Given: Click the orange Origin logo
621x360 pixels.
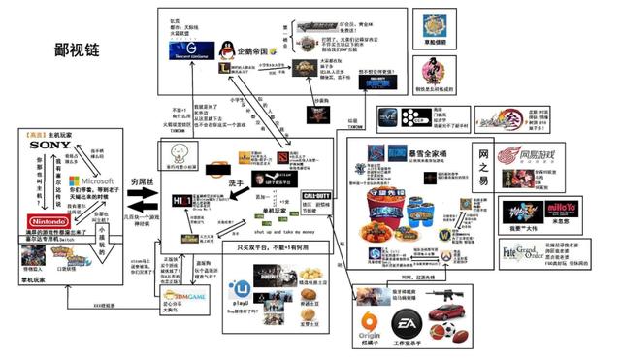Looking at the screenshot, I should pos(370,323).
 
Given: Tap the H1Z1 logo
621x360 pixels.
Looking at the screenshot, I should pos(182,200).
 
